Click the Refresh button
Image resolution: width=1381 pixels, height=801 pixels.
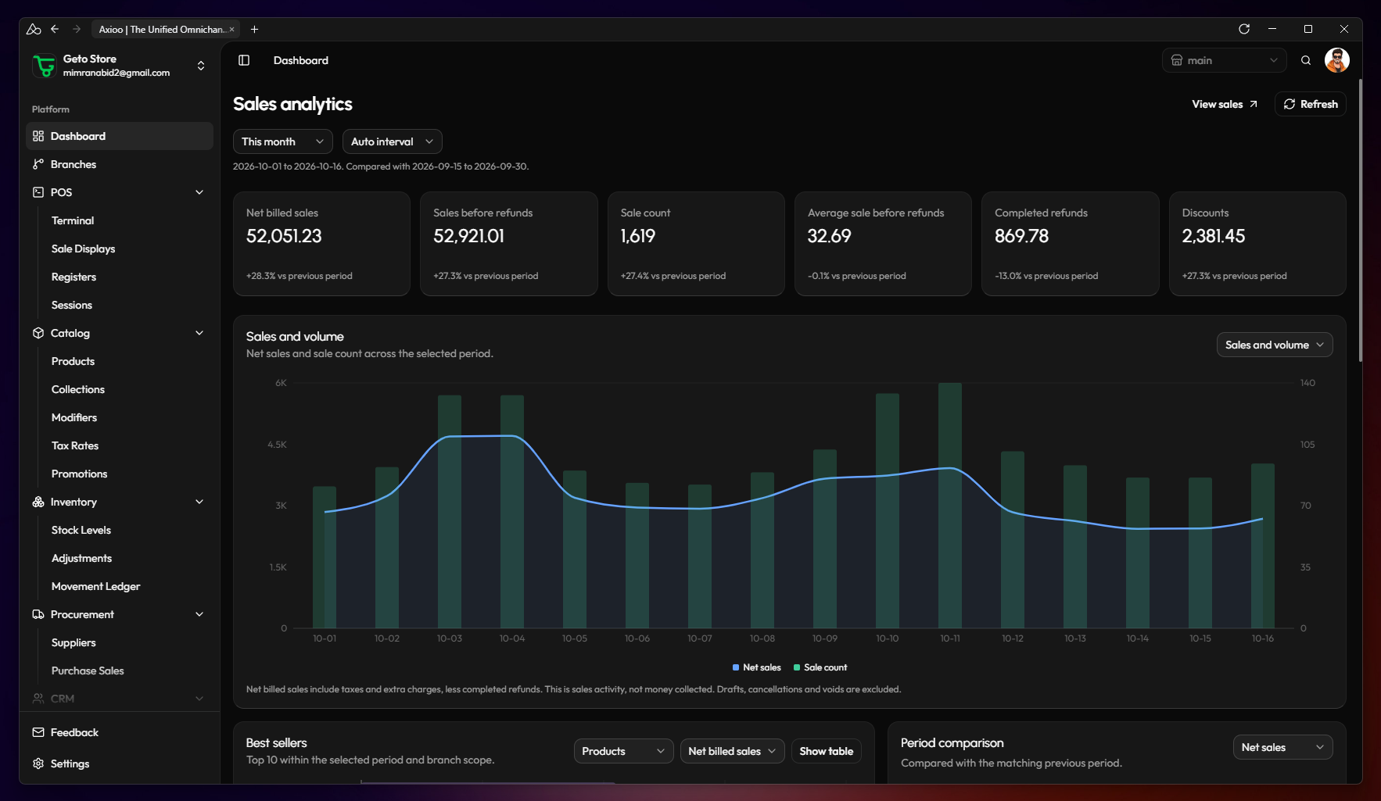click(x=1311, y=104)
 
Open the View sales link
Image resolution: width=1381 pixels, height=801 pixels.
click(x=1225, y=104)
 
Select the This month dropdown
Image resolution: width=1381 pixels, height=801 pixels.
click(x=283, y=141)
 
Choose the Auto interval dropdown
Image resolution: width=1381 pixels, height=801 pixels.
click(x=393, y=141)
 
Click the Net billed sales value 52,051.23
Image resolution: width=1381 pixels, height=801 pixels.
click(x=284, y=236)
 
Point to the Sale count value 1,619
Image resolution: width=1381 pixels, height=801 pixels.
click(x=638, y=236)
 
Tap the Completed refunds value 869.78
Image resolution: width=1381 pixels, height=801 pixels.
click(x=1021, y=236)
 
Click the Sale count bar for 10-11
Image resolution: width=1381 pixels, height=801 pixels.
click(x=950, y=506)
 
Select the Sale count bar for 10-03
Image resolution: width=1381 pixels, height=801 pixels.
click(x=450, y=512)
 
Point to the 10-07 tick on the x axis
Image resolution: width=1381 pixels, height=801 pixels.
click(x=700, y=638)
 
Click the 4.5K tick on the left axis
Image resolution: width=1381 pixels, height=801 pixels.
click(x=277, y=445)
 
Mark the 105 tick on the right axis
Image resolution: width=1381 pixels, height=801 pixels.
click(x=1307, y=445)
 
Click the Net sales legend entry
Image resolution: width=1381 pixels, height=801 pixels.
click(x=757, y=667)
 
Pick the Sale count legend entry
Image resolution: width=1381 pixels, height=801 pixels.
click(x=820, y=667)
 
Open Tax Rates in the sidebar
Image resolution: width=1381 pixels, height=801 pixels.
click(x=75, y=445)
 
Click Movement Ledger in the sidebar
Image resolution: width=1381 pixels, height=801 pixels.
click(x=96, y=586)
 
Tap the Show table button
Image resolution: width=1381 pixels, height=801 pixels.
click(x=827, y=751)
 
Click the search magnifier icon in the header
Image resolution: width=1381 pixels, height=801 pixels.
click(x=1306, y=60)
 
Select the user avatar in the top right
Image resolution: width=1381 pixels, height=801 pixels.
click(x=1337, y=60)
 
